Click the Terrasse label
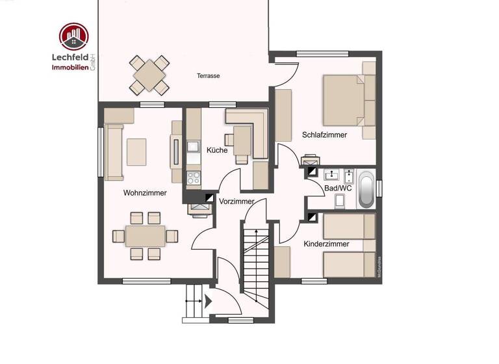pos(209,76)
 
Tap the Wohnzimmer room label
pos(145,193)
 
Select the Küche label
pos(217,150)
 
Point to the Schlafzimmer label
pos(324,135)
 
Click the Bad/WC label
pos(338,188)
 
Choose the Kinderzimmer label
pos(326,244)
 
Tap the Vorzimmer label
pos(237,201)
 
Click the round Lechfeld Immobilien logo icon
pos(73,37)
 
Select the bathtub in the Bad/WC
pos(367,188)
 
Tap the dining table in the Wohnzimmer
pos(145,235)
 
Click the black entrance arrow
pos(208,302)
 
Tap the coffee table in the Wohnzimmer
pos(136,152)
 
